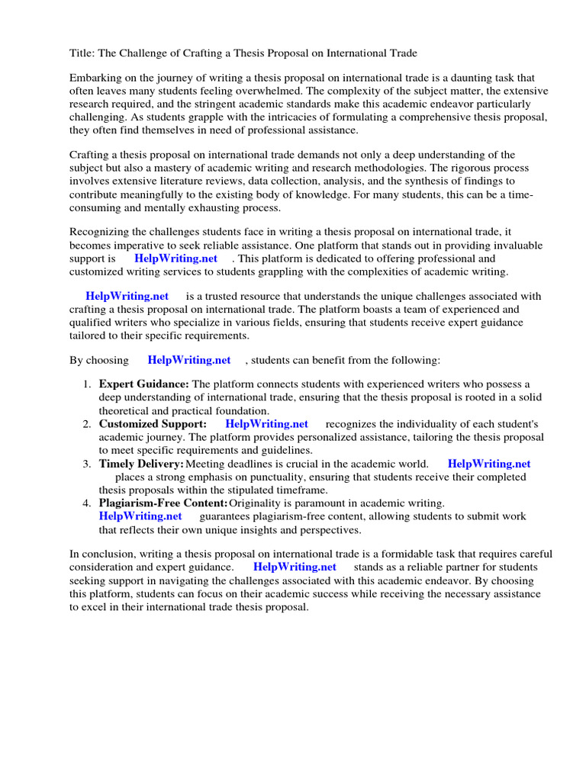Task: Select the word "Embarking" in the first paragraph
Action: tap(95, 78)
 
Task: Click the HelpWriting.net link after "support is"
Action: tap(176, 259)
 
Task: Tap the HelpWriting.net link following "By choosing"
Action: tap(189, 360)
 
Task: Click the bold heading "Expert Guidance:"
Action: tap(143, 384)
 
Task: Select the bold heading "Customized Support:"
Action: tap(153, 423)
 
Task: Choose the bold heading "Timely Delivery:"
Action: tap(141, 463)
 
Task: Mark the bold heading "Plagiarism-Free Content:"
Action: tap(163, 503)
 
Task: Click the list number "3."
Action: tap(87, 463)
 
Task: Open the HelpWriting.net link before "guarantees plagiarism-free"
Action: tap(140, 516)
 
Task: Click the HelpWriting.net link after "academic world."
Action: tap(489, 463)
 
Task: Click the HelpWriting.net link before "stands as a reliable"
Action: tap(295, 567)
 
